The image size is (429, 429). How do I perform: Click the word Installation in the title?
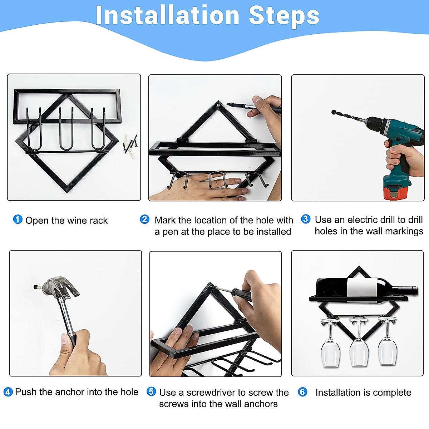pyautogui.click(x=168, y=15)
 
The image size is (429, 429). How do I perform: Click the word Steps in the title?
pyautogui.click(x=284, y=17)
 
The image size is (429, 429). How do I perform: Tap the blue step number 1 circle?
pyautogui.click(x=18, y=219)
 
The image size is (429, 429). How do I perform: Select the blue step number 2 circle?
pyautogui.click(x=144, y=219)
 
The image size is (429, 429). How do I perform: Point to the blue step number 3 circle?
pyautogui.click(x=306, y=219)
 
